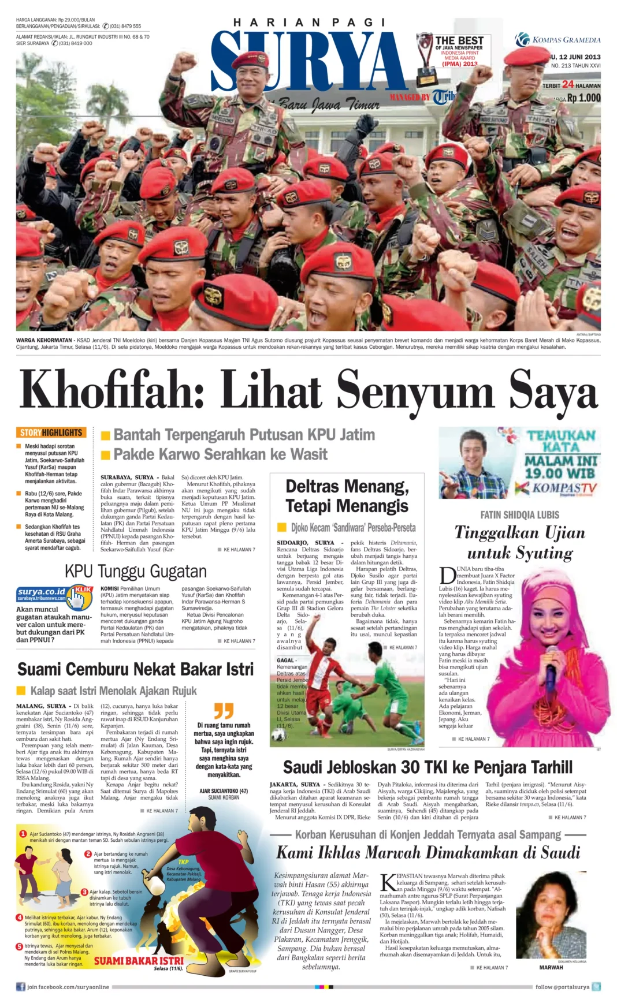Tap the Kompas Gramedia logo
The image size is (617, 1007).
pyautogui.click(x=557, y=40)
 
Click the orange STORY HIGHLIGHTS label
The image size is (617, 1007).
pyautogui.click(x=51, y=432)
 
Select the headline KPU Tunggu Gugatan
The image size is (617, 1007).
pyautogui.click(x=135, y=572)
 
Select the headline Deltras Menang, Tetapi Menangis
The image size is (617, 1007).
pyautogui.click(x=347, y=496)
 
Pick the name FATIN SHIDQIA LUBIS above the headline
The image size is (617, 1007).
pyautogui.click(x=519, y=514)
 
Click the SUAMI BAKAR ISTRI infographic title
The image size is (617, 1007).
pyautogui.click(x=139, y=961)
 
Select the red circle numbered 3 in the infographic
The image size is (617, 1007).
pyautogui.click(x=84, y=892)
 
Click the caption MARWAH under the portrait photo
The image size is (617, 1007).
pyautogui.click(x=551, y=968)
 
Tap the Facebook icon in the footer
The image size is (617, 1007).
pyautogui.click(x=21, y=987)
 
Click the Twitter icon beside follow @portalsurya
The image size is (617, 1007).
pyautogui.click(x=596, y=987)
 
